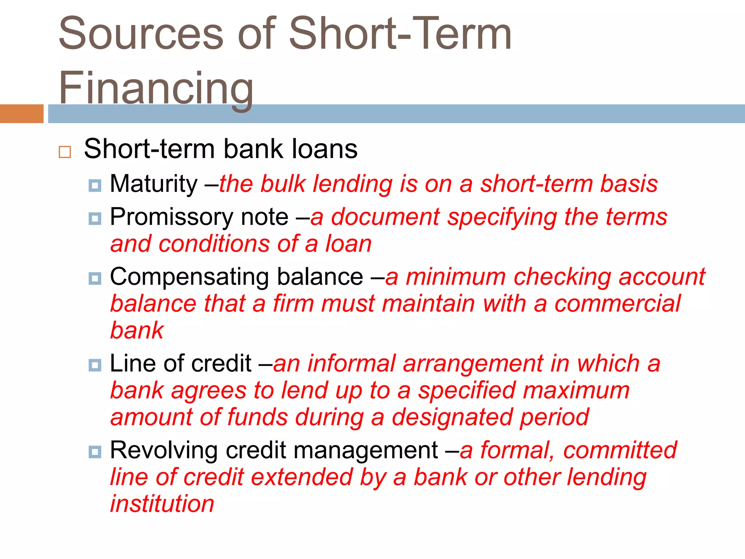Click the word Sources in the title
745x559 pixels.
(141, 34)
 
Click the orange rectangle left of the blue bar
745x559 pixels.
(21, 114)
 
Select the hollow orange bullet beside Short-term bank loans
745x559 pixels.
(65, 152)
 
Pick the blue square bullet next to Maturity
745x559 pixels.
(95, 186)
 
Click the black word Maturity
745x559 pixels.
(154, 184)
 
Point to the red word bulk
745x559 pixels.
(283, 184)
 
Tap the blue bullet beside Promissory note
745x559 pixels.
(95, 218)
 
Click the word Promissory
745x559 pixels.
(172, 217)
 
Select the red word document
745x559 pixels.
(385, 217)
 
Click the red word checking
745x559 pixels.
(562, 277)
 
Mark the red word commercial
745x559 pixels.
(617, 304)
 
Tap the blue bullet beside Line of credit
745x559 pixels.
(95, 365)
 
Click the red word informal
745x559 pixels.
(351, 364)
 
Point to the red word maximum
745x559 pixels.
(576, 390)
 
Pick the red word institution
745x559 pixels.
(162, 504)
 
